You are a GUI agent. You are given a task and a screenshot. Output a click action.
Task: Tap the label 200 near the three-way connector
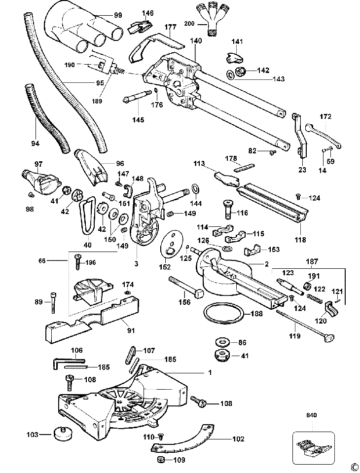[189, 24]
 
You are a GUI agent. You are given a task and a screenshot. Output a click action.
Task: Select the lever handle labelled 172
[323, 135]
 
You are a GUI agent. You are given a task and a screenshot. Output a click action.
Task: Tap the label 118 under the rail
[300, 240]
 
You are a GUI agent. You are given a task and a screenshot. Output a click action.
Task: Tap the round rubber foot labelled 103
[64, 434]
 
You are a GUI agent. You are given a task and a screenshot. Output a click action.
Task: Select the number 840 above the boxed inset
[312, 415]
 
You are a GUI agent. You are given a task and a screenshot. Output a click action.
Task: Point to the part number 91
[130, 330]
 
